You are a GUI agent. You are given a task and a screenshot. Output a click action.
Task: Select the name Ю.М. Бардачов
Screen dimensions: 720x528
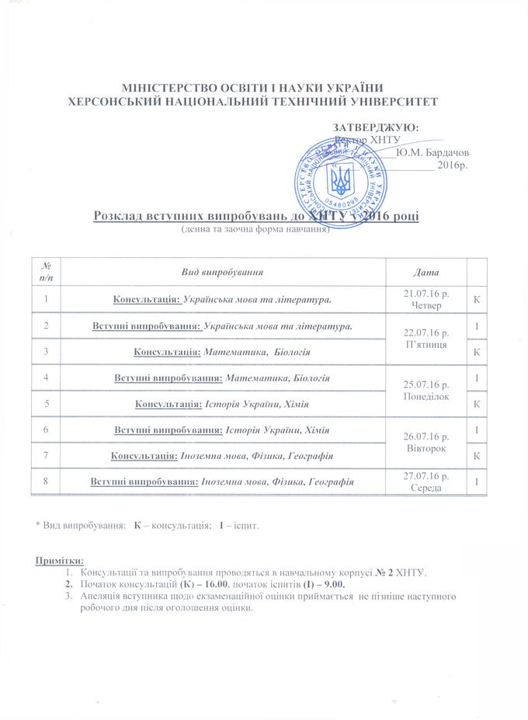point(432,152)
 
